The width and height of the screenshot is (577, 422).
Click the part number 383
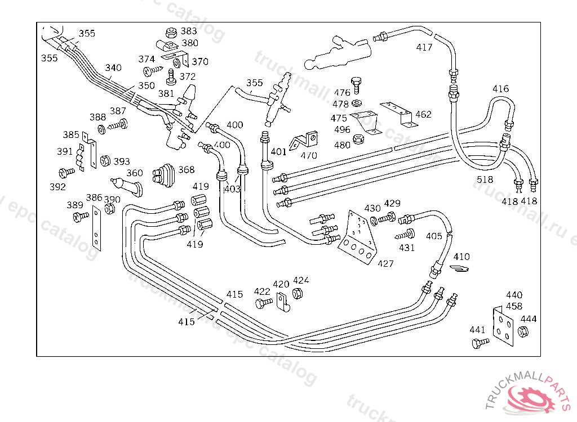189,31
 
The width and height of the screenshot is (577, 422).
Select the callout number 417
424,47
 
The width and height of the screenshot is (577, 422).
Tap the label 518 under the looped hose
485,179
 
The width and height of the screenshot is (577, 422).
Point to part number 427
385,263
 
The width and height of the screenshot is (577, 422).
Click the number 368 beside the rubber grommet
187,169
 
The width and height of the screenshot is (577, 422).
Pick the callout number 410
461,257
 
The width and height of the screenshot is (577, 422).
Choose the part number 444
529,318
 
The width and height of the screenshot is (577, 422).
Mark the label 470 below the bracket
308,155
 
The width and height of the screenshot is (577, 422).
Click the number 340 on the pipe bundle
113,68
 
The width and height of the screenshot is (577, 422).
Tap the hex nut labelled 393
105,161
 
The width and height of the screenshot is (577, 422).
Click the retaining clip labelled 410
460,268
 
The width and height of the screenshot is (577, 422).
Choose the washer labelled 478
356,103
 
